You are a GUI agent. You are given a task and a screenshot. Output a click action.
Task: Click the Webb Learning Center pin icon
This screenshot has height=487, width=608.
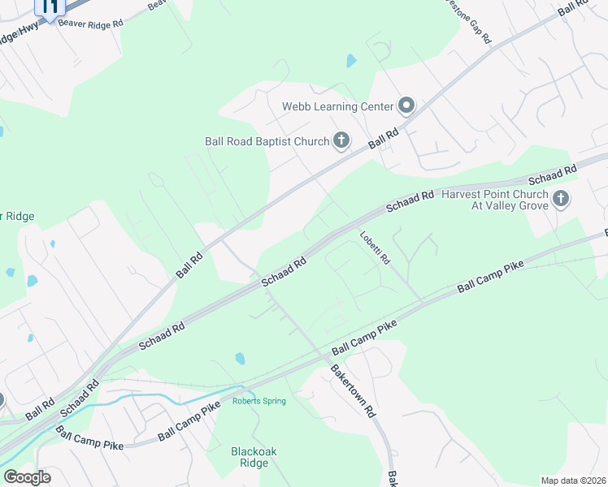click(x=406, y=106)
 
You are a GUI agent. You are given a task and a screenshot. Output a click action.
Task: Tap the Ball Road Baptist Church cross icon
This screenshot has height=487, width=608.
click(x=341, y=141)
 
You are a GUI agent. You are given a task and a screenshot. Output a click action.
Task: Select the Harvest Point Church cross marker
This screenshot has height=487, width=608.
click(x=560, y=199)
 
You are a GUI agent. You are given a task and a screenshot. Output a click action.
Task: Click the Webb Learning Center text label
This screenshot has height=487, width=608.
click(x=337, y=106)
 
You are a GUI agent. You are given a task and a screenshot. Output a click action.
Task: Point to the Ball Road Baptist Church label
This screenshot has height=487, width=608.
click(x=267, y=141)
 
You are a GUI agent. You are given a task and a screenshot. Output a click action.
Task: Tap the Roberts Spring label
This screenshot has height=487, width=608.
click(x=259, y=401)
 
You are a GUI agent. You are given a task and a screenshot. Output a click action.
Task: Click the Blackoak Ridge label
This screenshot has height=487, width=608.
click(x=237, y=457)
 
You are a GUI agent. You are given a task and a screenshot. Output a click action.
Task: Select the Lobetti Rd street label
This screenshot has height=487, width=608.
click(x=376, y=248)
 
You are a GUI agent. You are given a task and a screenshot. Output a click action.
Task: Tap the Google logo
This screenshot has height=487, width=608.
click(x=27, y=477)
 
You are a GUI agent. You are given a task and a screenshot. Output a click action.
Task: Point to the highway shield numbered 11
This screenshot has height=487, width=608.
click(x=50, y=8)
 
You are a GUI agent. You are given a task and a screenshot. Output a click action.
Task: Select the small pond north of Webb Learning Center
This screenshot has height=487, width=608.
click(x=351, y=60)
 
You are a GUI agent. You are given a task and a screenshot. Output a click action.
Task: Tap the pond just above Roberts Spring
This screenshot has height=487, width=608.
click(x=240, y=358)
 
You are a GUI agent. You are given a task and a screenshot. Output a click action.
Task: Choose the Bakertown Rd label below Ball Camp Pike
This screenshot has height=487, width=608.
click(x=352, y=390)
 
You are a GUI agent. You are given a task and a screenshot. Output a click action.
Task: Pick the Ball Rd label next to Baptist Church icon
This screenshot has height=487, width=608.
click(x=383, y=137)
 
